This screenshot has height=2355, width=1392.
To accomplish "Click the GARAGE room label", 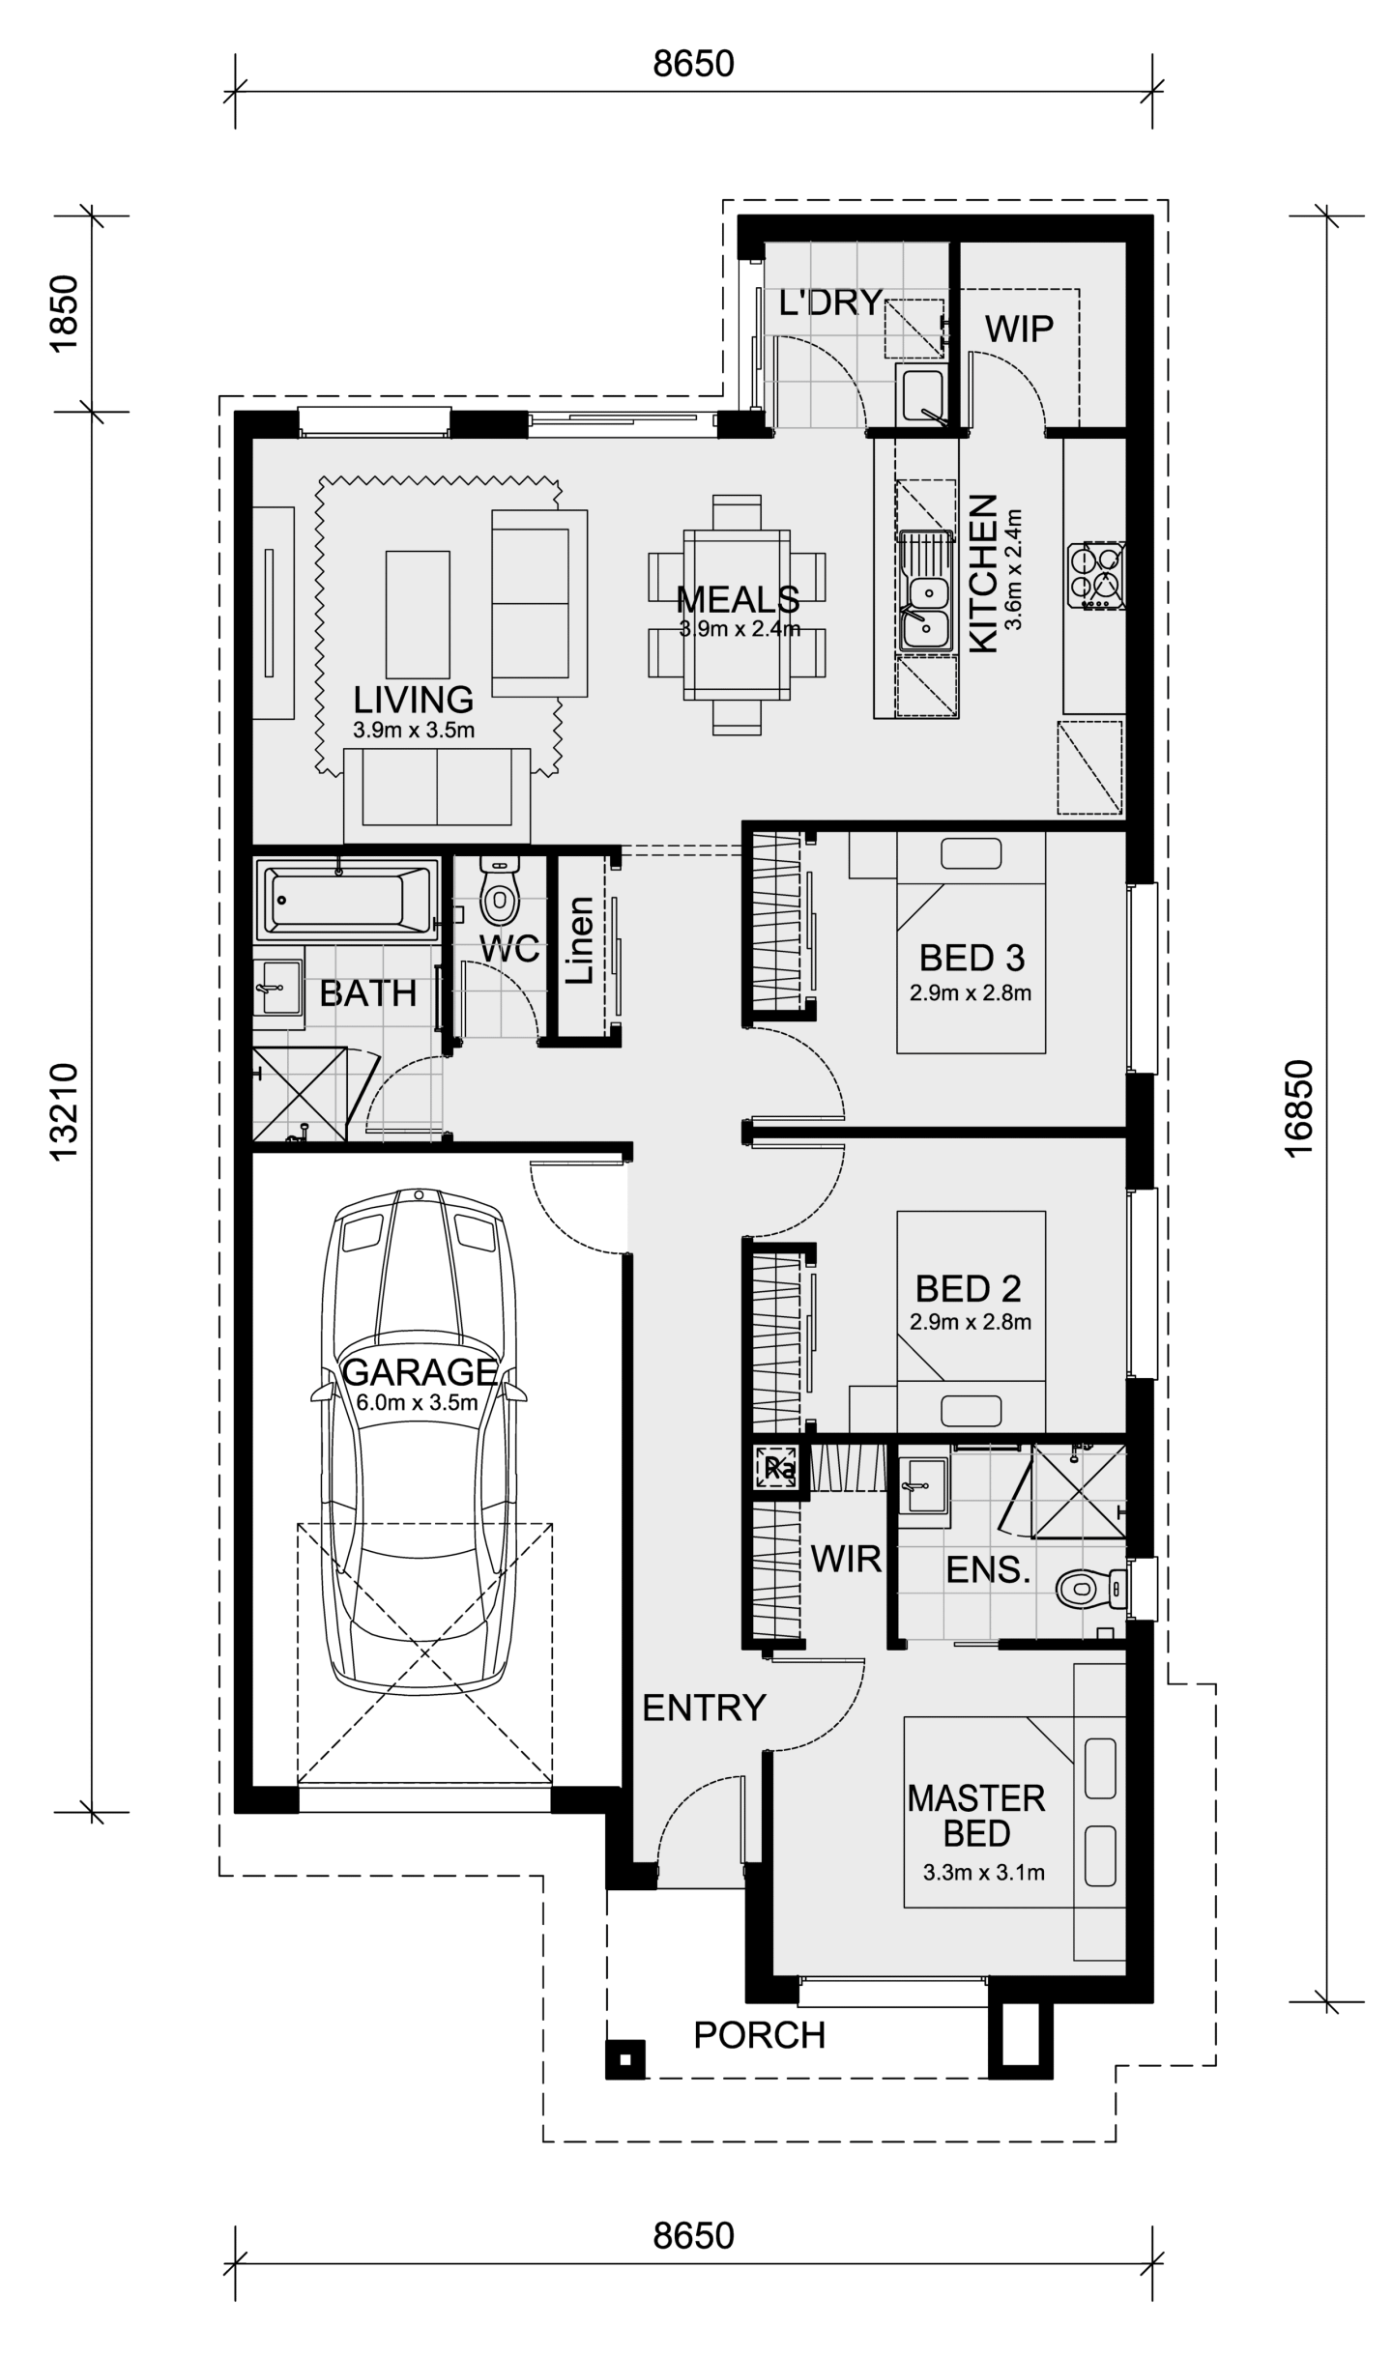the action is tap(420, 1372).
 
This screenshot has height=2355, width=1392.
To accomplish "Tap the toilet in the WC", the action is tap(499, 892).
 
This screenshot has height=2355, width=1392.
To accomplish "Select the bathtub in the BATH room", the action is tap(343, 900).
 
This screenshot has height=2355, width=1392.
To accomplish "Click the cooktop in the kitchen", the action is tap(1096, 576).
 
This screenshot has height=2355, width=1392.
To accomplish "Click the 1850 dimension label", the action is tap(64, 314).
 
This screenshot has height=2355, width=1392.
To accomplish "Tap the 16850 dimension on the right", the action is tap(1299, 1107).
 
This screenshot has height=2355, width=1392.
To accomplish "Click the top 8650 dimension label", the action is tap(693, 64).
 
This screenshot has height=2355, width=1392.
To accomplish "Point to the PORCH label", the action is tap(760, 2035).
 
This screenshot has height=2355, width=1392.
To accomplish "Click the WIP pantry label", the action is tap(1019, 329).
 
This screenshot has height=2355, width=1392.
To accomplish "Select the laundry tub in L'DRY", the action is tap(922, 393).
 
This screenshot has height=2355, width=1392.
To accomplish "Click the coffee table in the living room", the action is tap(418, 615).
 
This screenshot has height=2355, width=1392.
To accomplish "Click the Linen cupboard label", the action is tap(580, 940).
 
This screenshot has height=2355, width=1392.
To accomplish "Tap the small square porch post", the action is tap(625, 2059).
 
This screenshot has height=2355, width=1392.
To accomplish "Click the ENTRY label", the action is tap(704, 1708).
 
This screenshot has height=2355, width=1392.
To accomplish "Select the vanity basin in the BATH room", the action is tap(277, 987).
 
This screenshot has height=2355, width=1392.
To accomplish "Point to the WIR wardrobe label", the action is tap(846, 1559).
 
